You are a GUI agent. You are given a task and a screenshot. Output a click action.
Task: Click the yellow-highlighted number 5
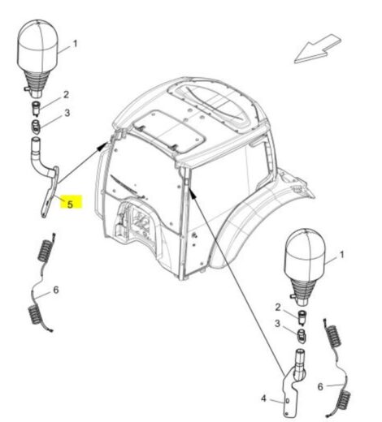click(x=70, y=205)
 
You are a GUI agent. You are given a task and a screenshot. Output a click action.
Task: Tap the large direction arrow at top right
click(x=317, y=49)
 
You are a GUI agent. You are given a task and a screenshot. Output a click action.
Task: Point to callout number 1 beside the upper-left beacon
click(x=76, y=44)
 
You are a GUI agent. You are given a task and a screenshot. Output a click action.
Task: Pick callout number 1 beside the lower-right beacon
click(x=341, y=255)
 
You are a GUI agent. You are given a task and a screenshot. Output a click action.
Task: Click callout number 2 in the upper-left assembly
click(x=66, y=95)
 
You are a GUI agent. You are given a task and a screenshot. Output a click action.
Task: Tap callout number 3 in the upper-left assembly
click(x=67, y=113)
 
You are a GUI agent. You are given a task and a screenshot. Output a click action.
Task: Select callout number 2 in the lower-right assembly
click(x=278, y=308)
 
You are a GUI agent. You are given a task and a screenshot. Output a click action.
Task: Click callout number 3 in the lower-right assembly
click(x=277, y=324)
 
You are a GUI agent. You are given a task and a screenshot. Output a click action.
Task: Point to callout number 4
click(x=263, y=398)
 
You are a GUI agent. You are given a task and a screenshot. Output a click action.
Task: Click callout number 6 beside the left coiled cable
click(x=56, y=290)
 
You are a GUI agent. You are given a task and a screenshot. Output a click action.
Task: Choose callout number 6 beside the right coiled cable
click(x=320, y=387)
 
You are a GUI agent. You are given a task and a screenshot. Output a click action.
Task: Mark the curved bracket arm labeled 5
click(x=50, y=189)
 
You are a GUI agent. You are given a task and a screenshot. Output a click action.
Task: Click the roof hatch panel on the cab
click(x=169, y=130)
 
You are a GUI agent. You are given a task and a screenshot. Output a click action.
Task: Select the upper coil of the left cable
click(x=46, y=250)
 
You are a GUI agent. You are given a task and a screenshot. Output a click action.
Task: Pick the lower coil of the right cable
click(x=344, y=400)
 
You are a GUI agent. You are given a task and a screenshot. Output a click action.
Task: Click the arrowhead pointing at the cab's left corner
click(x=102, y=147)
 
